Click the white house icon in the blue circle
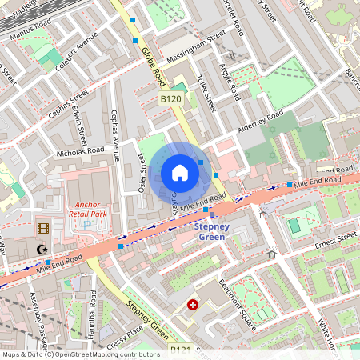click(180, 173)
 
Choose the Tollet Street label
click(206, 91)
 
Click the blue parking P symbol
click(87, 227)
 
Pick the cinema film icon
click(43, 228)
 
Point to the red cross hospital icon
click(192, 305)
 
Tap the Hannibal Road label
click(93, 315)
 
